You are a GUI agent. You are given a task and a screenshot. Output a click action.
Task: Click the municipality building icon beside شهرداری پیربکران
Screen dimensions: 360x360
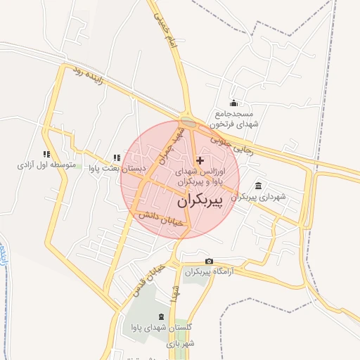click(x=259, y=186)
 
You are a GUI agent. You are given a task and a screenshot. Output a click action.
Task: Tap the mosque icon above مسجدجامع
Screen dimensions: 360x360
click(x=234, y=104)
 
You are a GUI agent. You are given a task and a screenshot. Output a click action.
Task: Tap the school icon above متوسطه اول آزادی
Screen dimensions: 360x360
click(x=46, y=154)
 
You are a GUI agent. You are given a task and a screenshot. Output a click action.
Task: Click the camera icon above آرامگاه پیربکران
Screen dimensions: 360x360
click(x=208, y=261)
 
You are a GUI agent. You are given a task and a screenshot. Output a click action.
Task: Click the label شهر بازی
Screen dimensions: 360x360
click(x=180, y=344)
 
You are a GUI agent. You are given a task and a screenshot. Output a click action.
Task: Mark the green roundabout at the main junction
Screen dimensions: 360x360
click(x=188, y=122)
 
